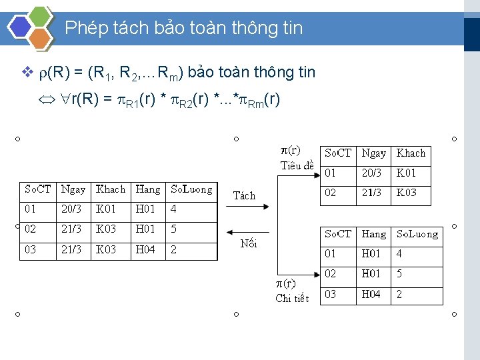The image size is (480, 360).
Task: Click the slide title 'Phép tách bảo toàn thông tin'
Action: coord(184,28)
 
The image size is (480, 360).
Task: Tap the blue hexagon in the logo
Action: coord(20,27)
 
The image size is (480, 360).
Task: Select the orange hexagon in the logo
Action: coord(41,38)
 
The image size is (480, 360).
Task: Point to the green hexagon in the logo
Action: coord(41,16)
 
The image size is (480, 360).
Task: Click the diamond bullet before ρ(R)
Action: coord(27,72)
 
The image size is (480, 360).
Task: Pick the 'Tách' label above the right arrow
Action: coord(244,195)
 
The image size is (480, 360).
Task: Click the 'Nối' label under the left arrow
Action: coord(248,243)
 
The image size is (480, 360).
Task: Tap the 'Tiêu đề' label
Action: coord(297,165)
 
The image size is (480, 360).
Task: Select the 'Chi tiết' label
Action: coord(292,298)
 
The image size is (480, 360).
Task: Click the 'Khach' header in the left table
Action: coord(111,189)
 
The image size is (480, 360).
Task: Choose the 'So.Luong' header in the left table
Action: coord(191,189)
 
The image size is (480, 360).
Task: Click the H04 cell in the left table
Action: coord(145,250)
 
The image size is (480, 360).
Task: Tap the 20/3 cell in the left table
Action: coord(71,209)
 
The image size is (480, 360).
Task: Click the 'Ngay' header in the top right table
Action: coord(373,153)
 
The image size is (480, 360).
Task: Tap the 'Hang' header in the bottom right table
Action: coord(373,234)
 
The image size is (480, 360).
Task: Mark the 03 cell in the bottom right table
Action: coord(331,294)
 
